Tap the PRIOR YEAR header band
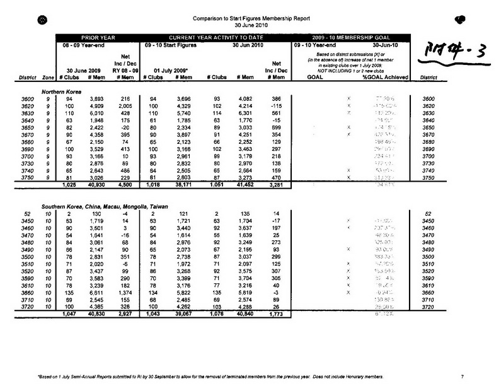(96, 37)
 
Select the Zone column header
(47, 78)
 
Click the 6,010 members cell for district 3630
(95, 114)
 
